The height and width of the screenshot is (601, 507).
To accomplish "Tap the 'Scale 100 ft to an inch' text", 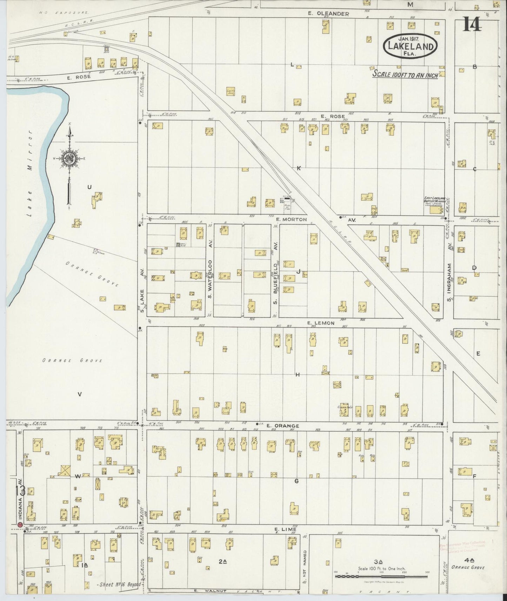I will coord(405,74).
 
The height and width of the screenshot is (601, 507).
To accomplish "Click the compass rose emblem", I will coord(69,158).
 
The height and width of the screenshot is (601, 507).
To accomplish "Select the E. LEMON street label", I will coord(321,323).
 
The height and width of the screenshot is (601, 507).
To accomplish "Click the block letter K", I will coord(299,168).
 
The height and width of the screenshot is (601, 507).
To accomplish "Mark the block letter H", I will coord(297,375).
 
